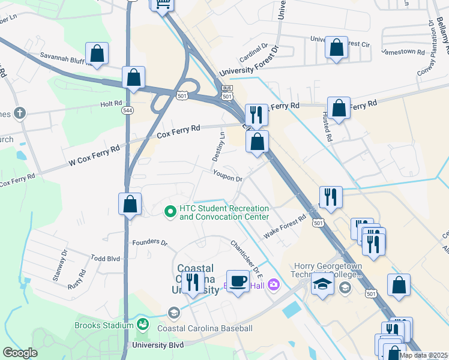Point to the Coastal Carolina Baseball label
click(x=205, y=328)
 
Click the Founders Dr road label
click(x=150, y=242)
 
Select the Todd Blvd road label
click(x=105, y=258)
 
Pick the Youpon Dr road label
click(x=227, y=178)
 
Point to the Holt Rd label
click(x=111, y=104)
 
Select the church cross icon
click(x=19, y=112)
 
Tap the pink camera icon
click(x=274, y=284)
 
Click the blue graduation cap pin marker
click(x=322, y=286)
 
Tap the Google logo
click(x=20, y=353)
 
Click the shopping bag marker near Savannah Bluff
click(x=97, y=54)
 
